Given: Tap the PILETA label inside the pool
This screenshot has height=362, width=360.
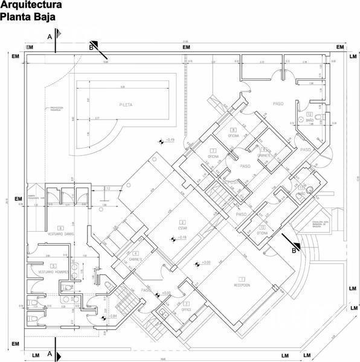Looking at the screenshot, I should [126, 104].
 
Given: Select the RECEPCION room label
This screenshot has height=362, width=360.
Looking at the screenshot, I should [242, 285].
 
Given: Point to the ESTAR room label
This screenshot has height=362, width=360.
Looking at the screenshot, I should [182, 228].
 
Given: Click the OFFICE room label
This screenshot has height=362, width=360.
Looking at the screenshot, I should [187, 309].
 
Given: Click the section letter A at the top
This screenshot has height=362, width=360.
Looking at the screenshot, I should [50, 37].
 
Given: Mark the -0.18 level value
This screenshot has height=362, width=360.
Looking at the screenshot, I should [182, 238].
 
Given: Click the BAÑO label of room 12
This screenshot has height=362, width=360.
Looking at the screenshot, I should [309, 120].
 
